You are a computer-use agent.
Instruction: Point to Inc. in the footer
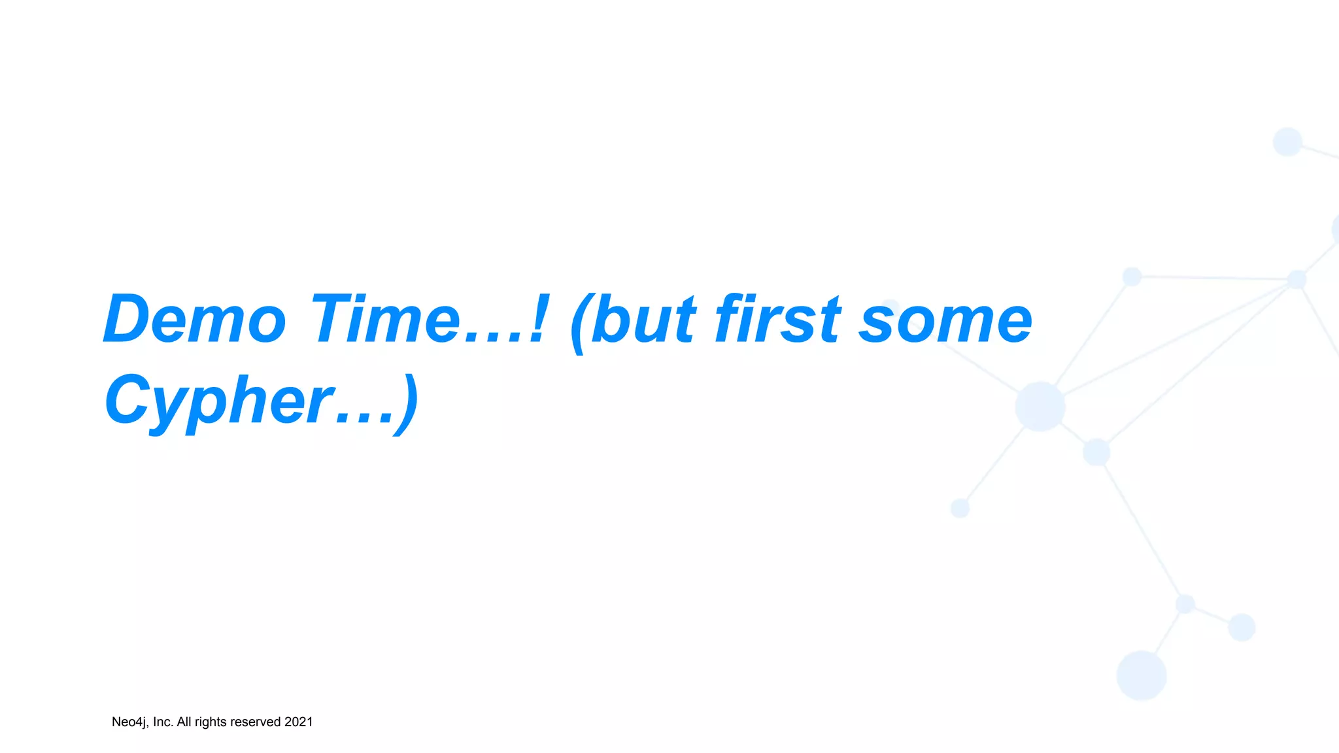[x=163, y=722]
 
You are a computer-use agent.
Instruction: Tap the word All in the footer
[x=184, y=722]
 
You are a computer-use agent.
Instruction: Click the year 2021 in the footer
[x=299, y=722]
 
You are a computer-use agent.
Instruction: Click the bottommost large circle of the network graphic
[x=1141, y=675]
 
